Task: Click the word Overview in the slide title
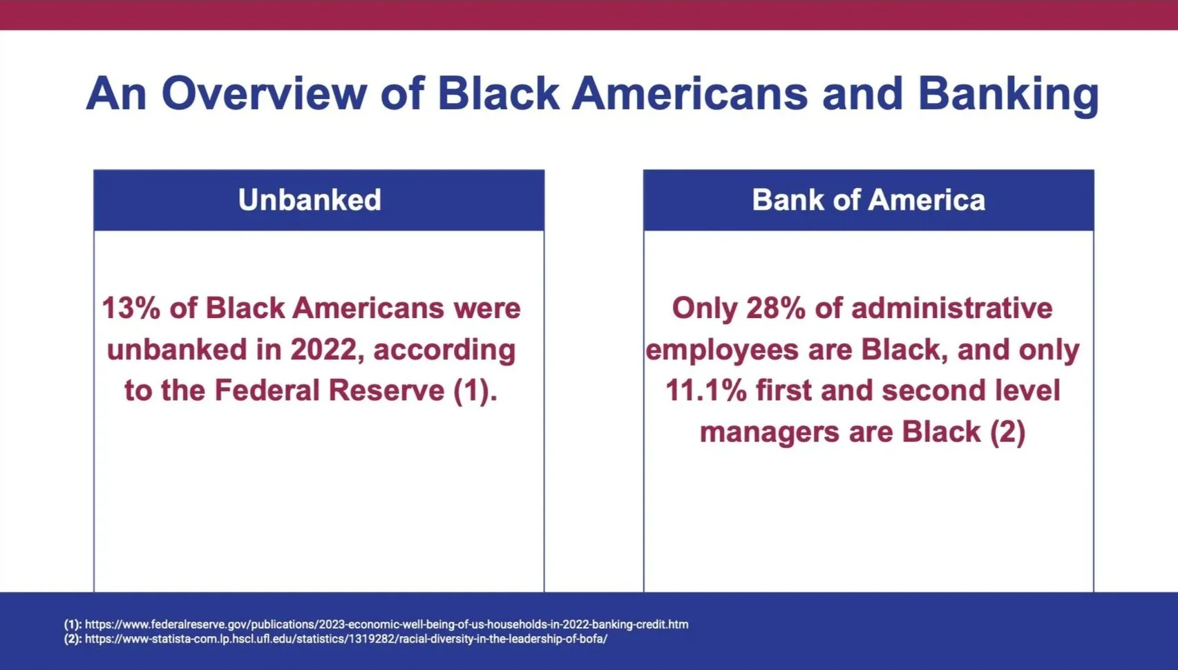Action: coord(263,93)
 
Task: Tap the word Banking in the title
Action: coord(1008,95)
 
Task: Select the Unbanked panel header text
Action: coord(310,200)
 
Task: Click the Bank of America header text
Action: coord(868,200)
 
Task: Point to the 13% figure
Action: coord(131,308)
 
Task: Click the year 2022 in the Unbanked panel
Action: coord(323,349)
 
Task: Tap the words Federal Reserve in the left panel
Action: coord(330,391)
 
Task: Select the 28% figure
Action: coord(775,308)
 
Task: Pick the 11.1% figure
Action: coord(705,391)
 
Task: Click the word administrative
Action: coord(952,308)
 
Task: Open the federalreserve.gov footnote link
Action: coord(386,624)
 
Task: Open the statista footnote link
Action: coord(346,639)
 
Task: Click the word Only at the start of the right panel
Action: coord(705,309)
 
